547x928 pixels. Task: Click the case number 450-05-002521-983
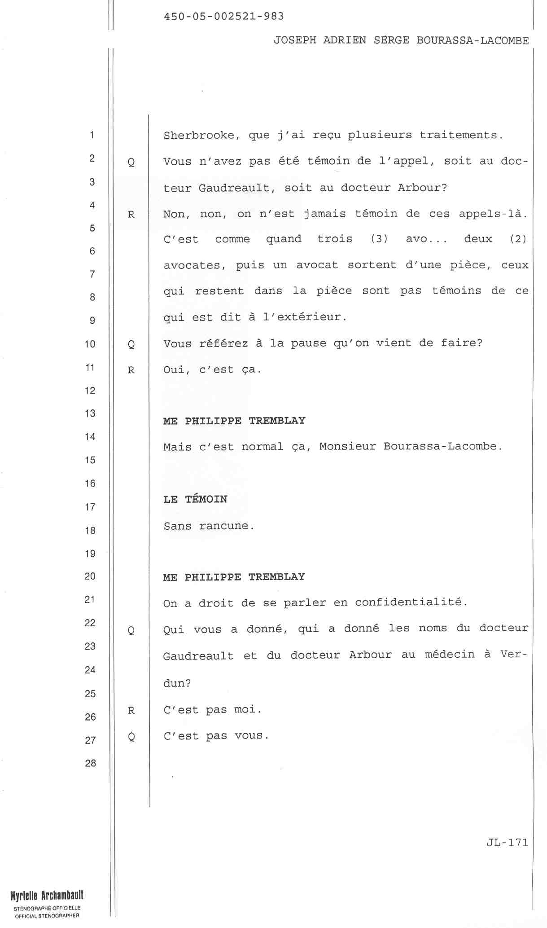click(x=224, y=17)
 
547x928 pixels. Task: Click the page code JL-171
click(x=507, y=843)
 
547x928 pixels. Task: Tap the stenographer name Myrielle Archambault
click(x=47, y=895)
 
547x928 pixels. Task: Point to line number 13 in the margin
click(x=90, y=413)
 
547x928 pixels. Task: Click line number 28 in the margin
click(x=90, y=763)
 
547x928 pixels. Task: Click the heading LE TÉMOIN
click(x=195, y=499)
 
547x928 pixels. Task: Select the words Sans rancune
click(x=209, y=526)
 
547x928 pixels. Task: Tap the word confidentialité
click(x=411, y=602)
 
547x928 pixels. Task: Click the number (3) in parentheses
click(x=379, y=239)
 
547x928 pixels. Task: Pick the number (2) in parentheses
click(x=518, y=239)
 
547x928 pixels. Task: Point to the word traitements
click(x=461, y=135)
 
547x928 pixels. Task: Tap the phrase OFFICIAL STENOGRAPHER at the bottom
click(x=47, y=916)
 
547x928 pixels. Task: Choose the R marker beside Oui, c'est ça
click(x=131, y=370)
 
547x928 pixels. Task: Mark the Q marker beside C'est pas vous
click(x=131, y=737)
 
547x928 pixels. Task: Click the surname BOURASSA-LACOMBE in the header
click(x=473, y=40)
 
